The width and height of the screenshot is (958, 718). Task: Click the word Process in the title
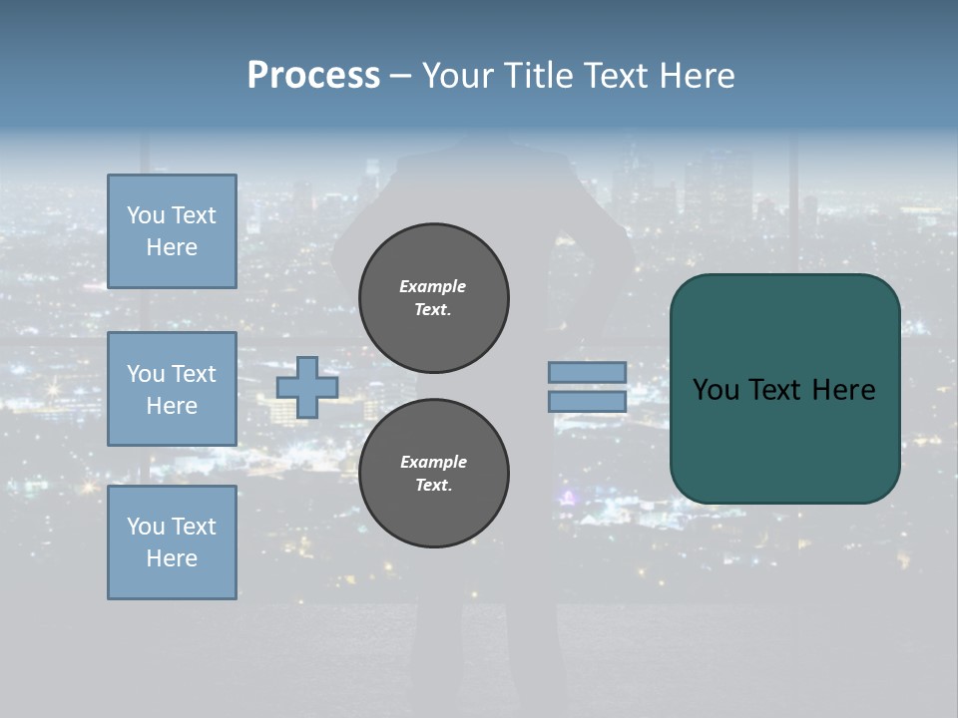pyautogui.click(x=313, y=76)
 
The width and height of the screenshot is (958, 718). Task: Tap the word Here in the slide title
pyautogui.click(x=696, y=76)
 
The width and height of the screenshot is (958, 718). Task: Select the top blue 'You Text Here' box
pyautogui.click(x=172, y=231)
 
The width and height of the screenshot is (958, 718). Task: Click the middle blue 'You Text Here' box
pyautogui.click(x=172, y=389)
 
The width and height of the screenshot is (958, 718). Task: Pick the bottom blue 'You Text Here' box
pyautogui.click(x=172, y=542)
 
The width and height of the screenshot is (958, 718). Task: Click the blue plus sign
pyautogui.click(x=306, y=387)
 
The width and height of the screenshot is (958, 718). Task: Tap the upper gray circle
pyautogui.click(x=434, y=298)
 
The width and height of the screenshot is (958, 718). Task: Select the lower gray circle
pyautogui.click(x=434, y=474)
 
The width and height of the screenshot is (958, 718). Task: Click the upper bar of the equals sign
pyautogui.click(x=587, y=372)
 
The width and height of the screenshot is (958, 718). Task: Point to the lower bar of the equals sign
pyautogui.click(x=587, y=401)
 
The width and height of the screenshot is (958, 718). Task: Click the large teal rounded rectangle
pyautogui.click(x=784, y=389)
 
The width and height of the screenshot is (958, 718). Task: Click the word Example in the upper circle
pyautogui.click(x=432, y=286)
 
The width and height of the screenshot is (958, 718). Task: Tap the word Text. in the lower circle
pyautogui.click(x=433, y=485)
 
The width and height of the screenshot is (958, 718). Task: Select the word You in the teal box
pyautogui.click(x=715, y=390)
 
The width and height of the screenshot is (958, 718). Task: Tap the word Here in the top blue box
pyautogui.click(x=172, y=247)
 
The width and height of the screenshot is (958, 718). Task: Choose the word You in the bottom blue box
pyautogui.click(x=146, y=527)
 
